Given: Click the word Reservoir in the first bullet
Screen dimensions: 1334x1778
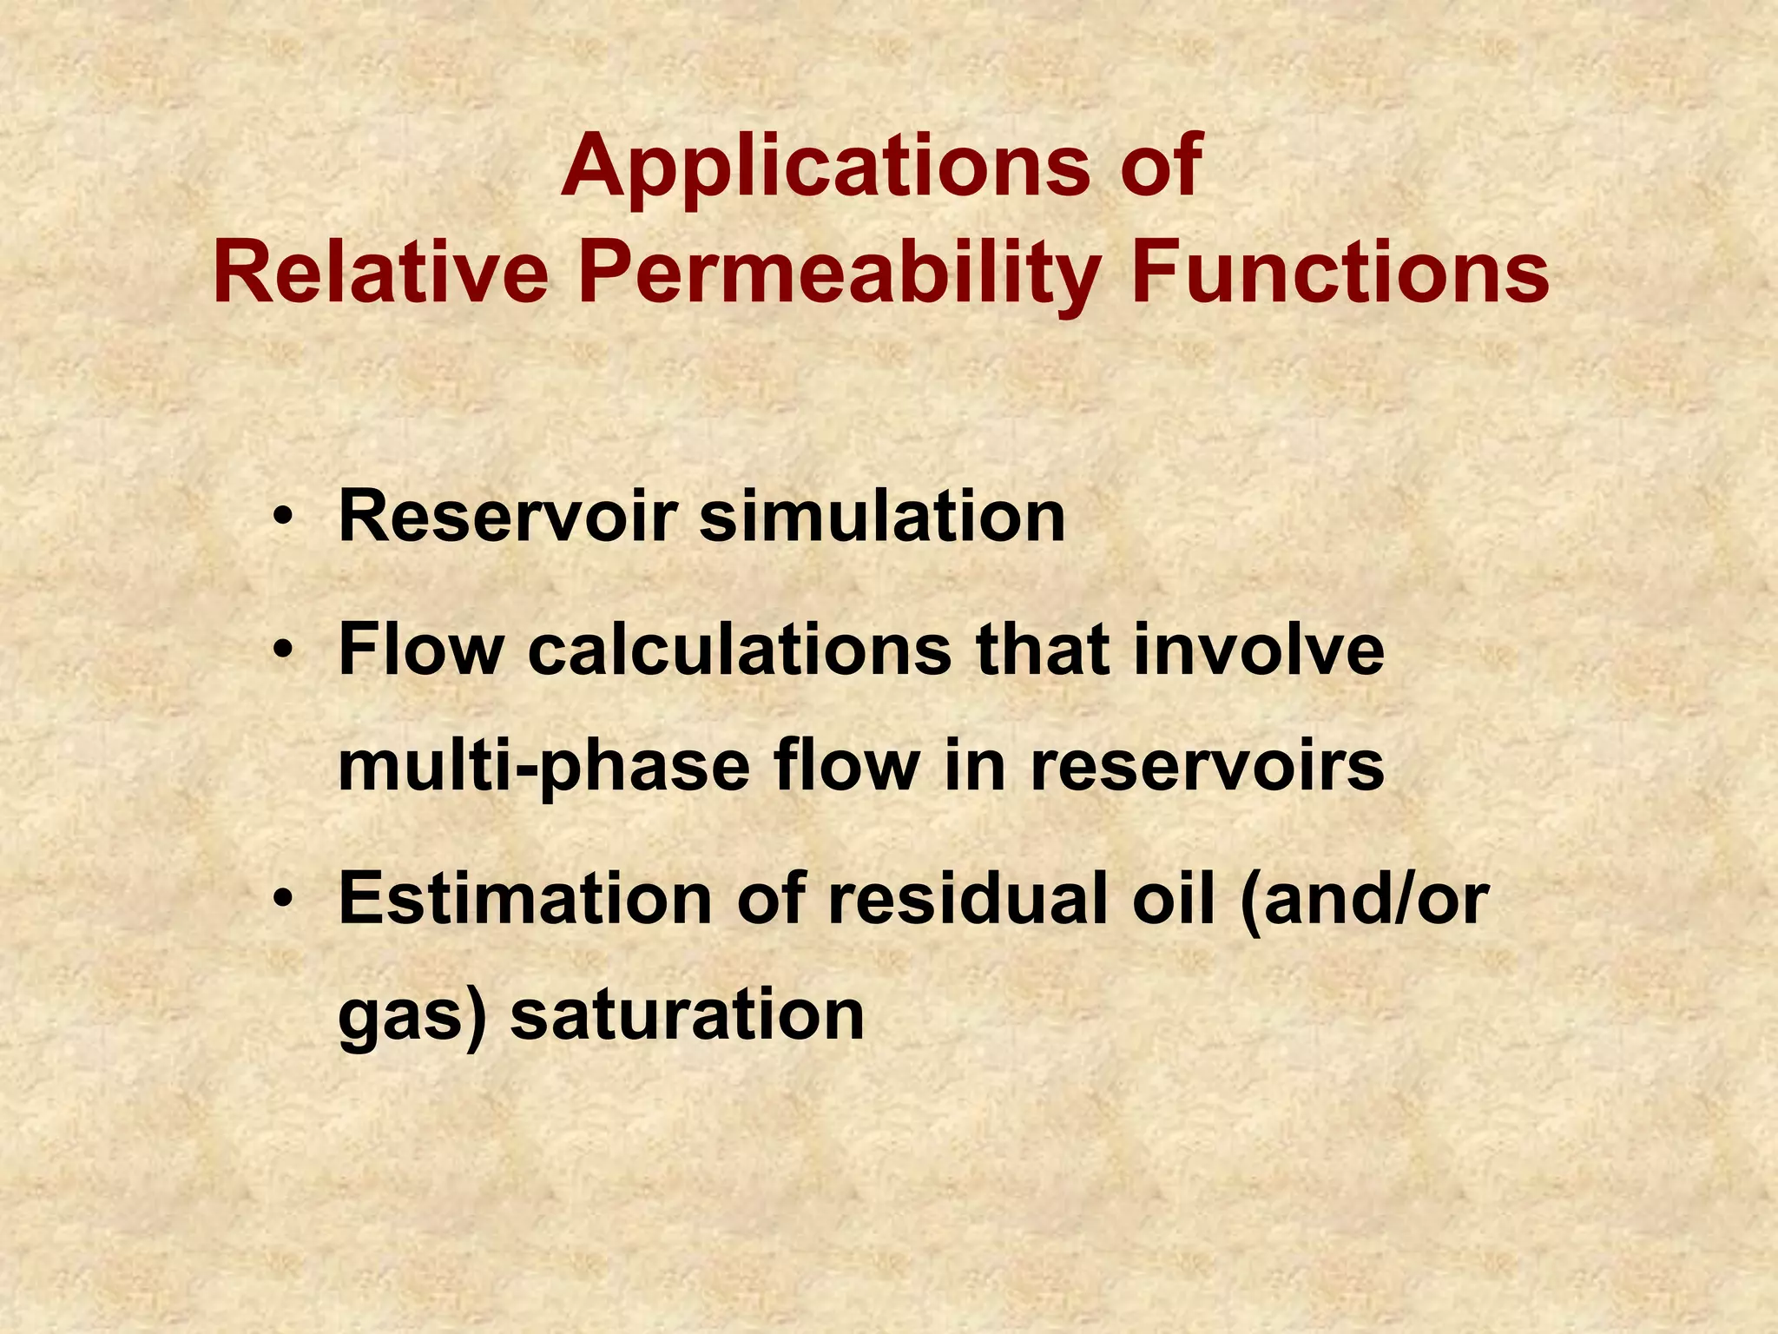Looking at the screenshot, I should [x=507, y=517].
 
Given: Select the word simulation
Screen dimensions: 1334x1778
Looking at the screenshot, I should [x=882, y=517].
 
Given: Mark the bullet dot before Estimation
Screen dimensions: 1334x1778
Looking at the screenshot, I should [x=281, y=901].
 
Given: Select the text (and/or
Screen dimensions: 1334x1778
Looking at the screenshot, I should [x=1365, y=900].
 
